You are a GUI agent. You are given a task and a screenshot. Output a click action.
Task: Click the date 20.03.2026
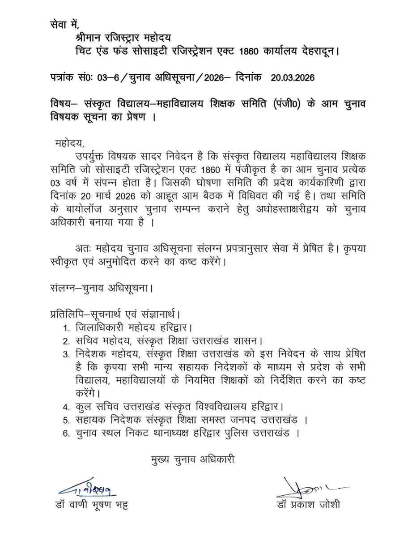coord(293,77)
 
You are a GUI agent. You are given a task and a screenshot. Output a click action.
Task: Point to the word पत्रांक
coord(64,77)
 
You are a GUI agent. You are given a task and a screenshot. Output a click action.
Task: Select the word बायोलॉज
coord(81,209)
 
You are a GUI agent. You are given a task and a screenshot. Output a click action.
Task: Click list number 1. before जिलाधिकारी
coord(66,328)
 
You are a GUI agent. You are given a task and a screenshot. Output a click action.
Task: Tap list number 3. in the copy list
coord(66,354)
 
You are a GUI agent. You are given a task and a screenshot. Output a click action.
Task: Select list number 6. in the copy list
coord(66,434)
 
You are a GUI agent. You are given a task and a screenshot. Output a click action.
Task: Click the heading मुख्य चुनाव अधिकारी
coord(193,459)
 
